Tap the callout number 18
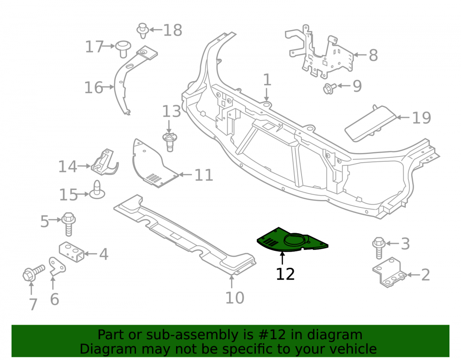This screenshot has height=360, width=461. tap(172, 30)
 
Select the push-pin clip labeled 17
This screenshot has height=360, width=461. tap(123, 49)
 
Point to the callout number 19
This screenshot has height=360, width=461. tap(422, 118)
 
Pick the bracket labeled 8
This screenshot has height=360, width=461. tap(319, 53)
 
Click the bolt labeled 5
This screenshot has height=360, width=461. tap(69, 224)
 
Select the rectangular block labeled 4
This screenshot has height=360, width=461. tap(71, 252)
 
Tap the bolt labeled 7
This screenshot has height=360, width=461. tap(33, 273)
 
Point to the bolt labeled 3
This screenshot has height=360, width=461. tap(378, 248)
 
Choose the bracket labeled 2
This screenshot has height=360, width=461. tap(389, 272)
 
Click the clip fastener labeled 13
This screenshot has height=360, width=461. tap(170, 142)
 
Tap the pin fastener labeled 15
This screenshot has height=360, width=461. tap(97, 190)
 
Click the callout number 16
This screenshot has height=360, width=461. tap(94, 88)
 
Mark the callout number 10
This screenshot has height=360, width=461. tap(235, 298)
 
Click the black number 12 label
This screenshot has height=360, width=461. tap(285, 274)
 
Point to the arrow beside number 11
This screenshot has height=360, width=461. tap(185, 175)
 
